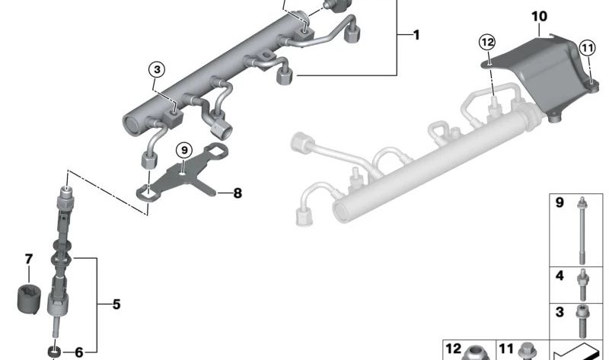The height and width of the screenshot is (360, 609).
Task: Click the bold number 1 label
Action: [416, 36]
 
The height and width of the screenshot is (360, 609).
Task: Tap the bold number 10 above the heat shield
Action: [539, 16]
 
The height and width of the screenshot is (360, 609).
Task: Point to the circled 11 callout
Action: [586, 48]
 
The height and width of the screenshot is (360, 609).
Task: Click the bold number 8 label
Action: [238, 194]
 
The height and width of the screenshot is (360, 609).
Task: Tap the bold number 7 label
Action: [29, 259]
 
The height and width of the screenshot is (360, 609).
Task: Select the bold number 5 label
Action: [116, 306]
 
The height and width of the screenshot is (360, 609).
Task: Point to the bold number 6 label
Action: [78, 352]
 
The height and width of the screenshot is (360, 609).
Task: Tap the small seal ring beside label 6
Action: [55, 352]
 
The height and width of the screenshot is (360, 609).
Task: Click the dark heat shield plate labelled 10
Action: [544, 76]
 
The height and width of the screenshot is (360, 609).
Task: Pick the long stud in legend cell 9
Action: [582, 228]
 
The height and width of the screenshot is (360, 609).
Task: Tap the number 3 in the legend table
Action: [560, 313]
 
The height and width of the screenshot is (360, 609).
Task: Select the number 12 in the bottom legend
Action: [453, 349]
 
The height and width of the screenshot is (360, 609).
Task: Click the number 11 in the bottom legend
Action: [506, 349]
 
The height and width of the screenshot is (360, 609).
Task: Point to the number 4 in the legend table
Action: [560, 276]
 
